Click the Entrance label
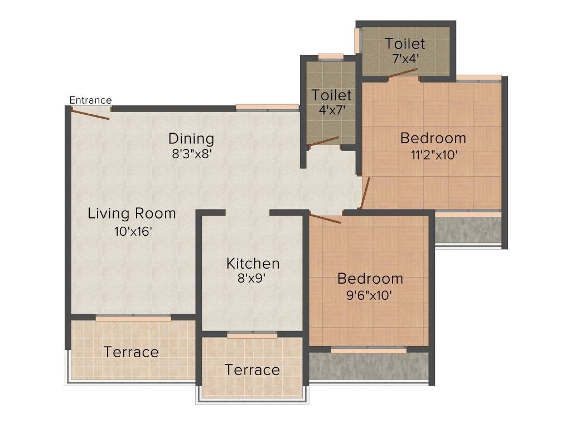click(x=90, y=100)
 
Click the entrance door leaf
click(x=89, y=114)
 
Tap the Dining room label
click(x=191, y=138)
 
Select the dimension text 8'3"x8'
click(x=191, y=154)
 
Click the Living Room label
click(x=132, y=213)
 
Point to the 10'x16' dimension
click(x=133, y=232)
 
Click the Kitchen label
click(x=253, y=263)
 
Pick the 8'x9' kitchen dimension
click(x=252, y=279)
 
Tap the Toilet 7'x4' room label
click(x=405, y=43)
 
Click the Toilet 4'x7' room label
click(x=331, y=95)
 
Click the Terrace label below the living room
click(x=132, y=352)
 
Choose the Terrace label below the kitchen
click(x=252, y=370)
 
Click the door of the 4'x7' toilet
click(x=324, y=142)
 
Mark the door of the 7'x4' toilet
click(x=403, y=74)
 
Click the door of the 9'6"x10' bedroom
click(x=325, y=218)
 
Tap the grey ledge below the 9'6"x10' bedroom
click(x=369, y=367)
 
